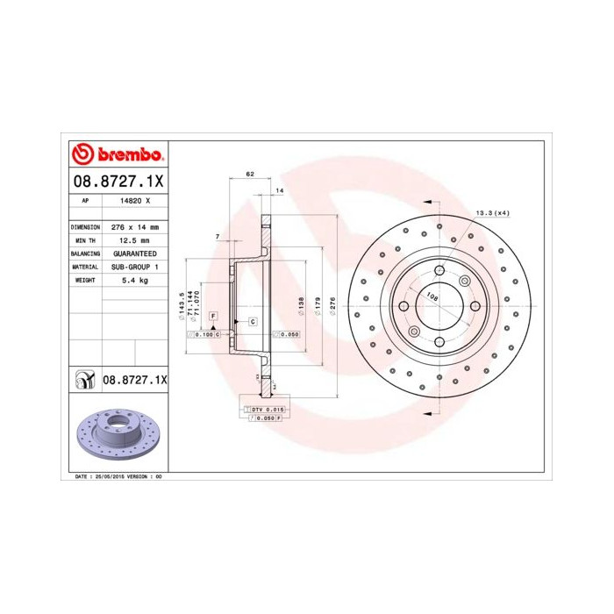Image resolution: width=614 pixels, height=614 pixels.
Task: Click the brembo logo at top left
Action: [x=118, y=155]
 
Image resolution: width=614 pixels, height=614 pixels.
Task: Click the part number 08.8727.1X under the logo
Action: [x=117, y=182]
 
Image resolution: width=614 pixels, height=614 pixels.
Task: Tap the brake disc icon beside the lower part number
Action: [x=85, y=380]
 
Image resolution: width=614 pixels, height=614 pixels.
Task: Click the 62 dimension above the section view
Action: [x=250, y=175]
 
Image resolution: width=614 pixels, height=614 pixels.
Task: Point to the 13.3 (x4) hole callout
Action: [x=492, y=214]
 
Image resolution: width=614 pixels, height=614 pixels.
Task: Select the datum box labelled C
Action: [x=252, y=322]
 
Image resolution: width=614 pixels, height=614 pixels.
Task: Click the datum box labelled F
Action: [x=213, y=316]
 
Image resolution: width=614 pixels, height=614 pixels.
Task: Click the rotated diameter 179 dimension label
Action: [x=318, y=304]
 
